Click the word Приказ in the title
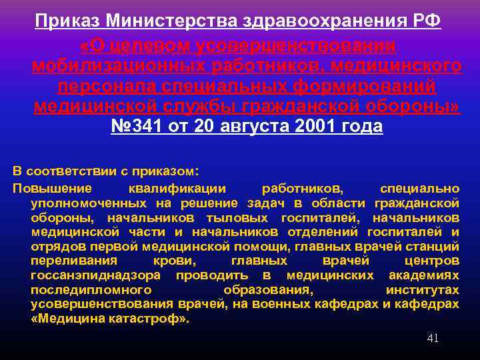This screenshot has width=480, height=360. click(x=67, y=21)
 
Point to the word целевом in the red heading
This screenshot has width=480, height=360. click(x=140, y=45)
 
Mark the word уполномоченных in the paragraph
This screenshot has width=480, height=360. click(x=89, y=203)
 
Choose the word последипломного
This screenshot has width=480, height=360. click(x=91, y=290)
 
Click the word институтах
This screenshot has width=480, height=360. click(x=423, y=290)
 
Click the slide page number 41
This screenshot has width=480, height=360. click(x=433, y=338)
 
